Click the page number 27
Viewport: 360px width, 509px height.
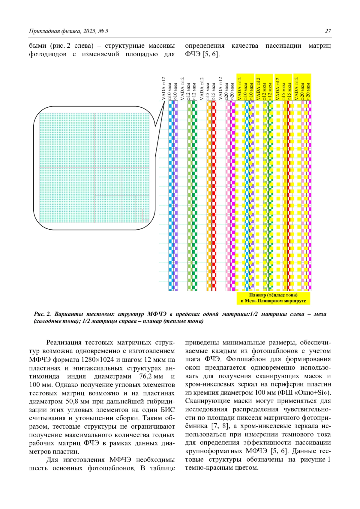(x=328, y=31)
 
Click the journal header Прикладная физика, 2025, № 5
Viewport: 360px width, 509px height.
(x=68, y=31)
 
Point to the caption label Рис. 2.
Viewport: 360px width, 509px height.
(x=42, y=314)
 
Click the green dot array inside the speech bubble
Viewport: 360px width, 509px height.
(x=94, y=168)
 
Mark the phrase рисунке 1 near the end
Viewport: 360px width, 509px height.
(x=315, y=460)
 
